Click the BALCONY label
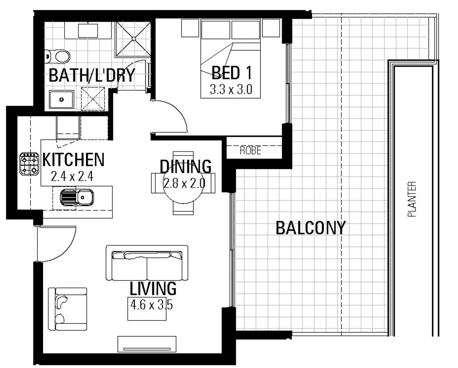point(310,228)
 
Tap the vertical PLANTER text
point(412,199)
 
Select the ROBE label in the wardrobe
point(250,150)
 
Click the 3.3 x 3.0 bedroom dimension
point(231,90)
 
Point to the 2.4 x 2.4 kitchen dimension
point(72,176)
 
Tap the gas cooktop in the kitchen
point(29,163)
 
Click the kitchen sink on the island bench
point(77,197)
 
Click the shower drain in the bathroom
point(133,38)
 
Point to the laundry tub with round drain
point(61,99)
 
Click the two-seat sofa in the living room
point(147,263)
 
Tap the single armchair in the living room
point(68,309)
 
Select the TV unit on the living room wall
point(147,344)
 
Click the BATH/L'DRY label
point(92,75)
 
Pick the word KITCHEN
point(73,159)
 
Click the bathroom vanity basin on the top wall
point(88,31)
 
